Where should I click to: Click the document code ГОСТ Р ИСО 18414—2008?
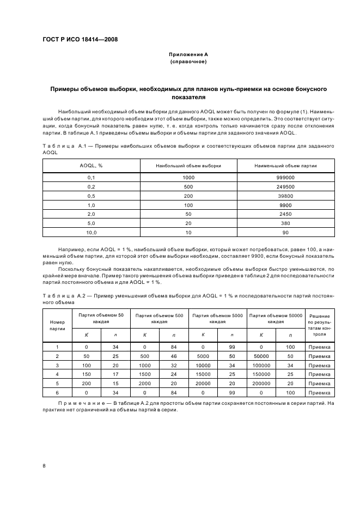pos(81,39)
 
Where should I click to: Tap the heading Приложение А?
pos(188,54)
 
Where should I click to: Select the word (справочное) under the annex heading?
pos(188,62)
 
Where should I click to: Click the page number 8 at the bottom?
pos(44,465)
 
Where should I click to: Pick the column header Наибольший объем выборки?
pos(188,165)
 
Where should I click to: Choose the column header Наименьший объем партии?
pos(286,165)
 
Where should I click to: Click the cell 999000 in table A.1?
pos(286,178)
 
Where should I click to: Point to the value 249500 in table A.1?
pos(286,186)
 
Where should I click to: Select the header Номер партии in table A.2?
pos(57,325)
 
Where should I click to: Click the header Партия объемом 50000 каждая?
pos(275,318)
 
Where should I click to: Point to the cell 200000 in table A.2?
pos(261,384)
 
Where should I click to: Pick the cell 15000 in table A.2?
pos(203,374)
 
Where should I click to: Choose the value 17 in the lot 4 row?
pos(115,374)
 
